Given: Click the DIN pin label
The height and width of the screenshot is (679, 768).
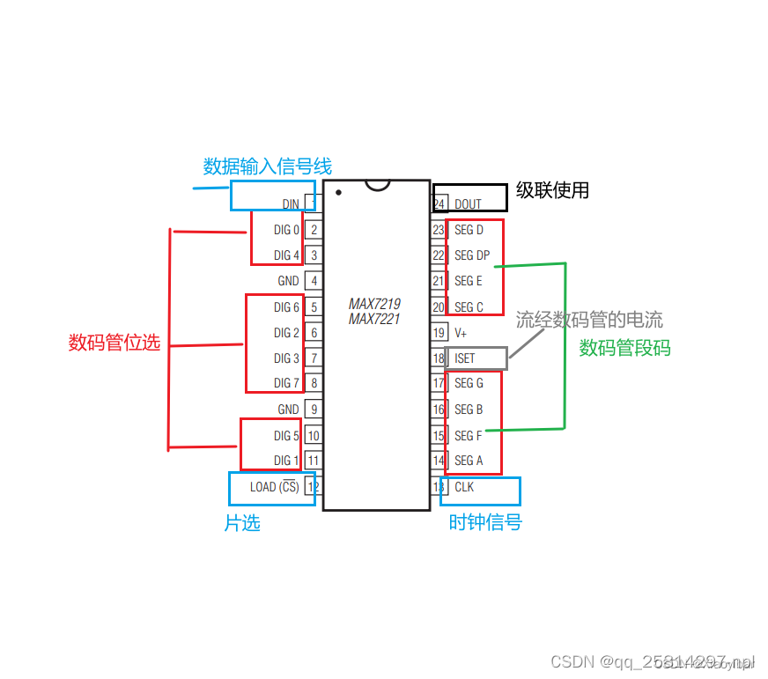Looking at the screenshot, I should tap(291, 204).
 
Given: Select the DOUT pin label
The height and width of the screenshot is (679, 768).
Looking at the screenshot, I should tap(468, 204).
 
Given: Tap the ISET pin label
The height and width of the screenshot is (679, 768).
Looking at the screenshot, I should tap(464, 358).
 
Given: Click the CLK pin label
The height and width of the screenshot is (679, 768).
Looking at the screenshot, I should tap(464, 487).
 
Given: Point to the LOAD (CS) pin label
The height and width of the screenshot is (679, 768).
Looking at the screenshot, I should tap(274, 487).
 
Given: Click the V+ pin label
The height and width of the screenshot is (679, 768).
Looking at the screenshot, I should tap(461, 333).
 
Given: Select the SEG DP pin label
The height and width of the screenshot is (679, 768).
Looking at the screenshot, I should tap(472, 255).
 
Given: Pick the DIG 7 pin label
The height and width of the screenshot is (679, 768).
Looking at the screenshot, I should tap(286, 383).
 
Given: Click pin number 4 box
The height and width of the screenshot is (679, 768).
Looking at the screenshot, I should tap(314, 281).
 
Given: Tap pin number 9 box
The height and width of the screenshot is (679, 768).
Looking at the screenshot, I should tap(314, 410).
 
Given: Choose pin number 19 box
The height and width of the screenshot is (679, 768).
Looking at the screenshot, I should tap(439, 333).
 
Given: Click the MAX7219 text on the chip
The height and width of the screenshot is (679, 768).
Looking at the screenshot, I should tap(374, 305).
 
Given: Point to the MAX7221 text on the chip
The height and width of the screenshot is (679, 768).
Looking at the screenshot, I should tap(374, 319).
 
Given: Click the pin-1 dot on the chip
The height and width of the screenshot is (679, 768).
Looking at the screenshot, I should tap(338, 191).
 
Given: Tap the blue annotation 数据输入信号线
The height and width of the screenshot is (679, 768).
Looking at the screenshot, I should tap(268, 166).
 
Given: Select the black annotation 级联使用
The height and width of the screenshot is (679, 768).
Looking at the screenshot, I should tap(552, 190).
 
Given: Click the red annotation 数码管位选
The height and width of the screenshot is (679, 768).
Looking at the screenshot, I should tap(114, 343).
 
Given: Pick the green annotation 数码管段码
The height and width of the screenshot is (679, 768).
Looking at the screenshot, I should tap(624, 348).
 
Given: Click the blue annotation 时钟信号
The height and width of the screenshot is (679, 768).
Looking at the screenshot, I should tap(485, 522).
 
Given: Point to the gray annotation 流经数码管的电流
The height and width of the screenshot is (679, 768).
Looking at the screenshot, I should tap(589, 320).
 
